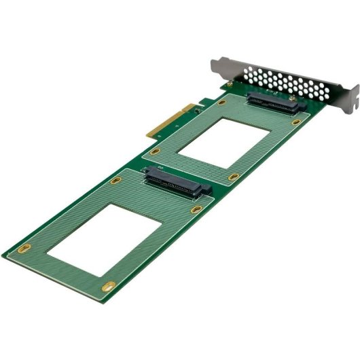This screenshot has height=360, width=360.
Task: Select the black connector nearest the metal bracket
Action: click(x=272, y=103)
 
